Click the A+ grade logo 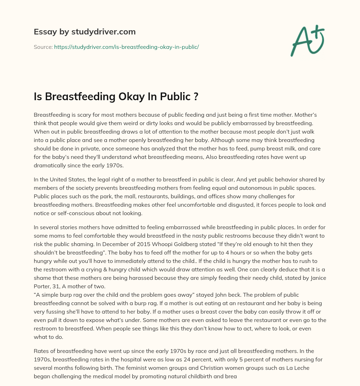307,40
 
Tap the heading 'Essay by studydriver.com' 85,32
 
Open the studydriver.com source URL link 127,47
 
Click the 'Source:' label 43,47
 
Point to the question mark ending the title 196,96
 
